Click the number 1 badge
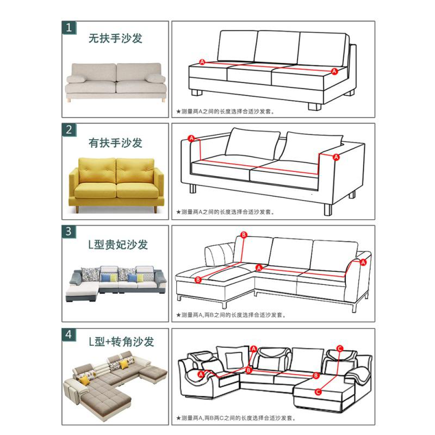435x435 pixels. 69,28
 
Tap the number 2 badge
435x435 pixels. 69,129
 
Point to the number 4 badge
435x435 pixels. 69,334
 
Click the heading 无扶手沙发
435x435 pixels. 115,39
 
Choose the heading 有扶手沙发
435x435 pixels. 115,143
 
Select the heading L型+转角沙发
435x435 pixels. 121,342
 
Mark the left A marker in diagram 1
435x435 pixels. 202,62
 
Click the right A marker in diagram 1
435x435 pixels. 334,71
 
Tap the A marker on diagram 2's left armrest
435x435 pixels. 191,138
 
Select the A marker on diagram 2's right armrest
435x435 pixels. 335,157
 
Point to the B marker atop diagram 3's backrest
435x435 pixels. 244,235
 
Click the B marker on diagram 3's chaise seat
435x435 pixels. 198,279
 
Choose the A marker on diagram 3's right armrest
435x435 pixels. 363,262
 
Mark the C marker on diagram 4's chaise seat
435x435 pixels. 318,391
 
